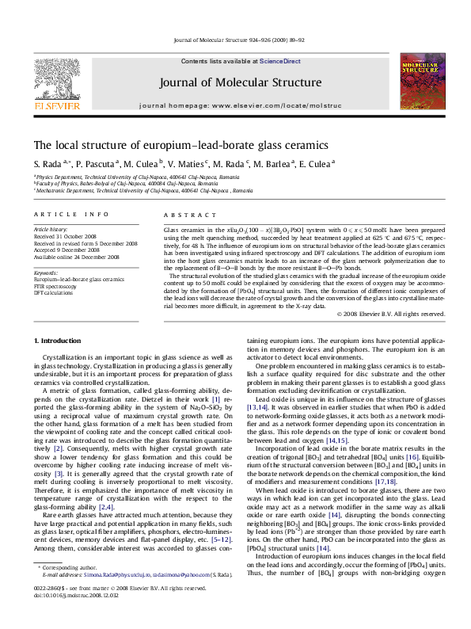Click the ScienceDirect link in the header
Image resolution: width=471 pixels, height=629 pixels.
[260, 61]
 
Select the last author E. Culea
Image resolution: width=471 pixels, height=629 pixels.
[319, 164]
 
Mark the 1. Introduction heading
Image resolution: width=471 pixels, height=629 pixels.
[59, 341]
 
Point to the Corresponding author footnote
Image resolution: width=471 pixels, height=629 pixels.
[64, 589]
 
